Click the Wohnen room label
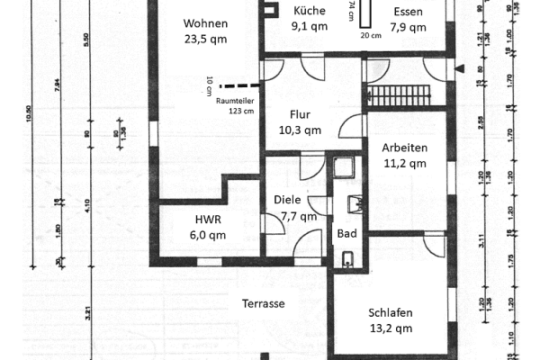(x=205, y=23)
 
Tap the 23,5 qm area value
(x=205, y=39)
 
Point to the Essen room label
(x=408, y=11)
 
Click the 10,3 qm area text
(x=300, y=130)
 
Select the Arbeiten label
(x=404, y=148)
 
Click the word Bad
(x=346, y=233)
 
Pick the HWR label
(x=208, y=220)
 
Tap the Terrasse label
(x=263, y=304)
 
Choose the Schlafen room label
(x=391, y=313)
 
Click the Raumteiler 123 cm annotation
(x=234, y=106)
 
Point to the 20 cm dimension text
(x=370, y=35)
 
